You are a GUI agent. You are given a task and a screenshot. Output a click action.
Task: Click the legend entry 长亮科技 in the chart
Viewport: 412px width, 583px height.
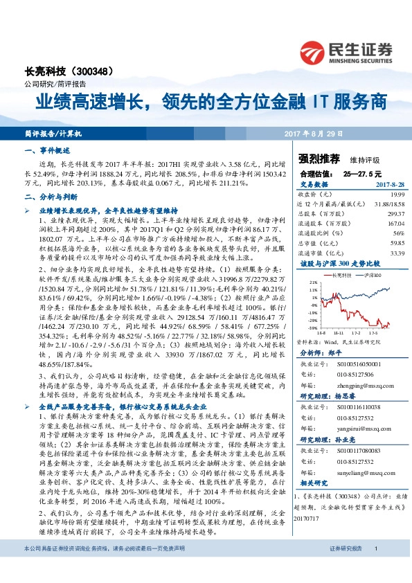pyautogui.click(x=339, y=275)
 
